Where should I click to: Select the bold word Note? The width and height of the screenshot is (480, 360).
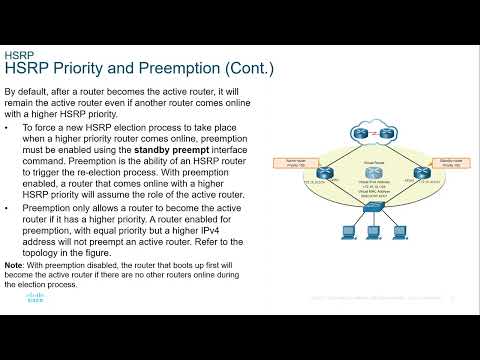click(x=15, y=263)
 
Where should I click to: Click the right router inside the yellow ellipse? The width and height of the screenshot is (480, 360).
click(x=413, y=173)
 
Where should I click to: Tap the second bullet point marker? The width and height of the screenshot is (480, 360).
click(x=8, y=208)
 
